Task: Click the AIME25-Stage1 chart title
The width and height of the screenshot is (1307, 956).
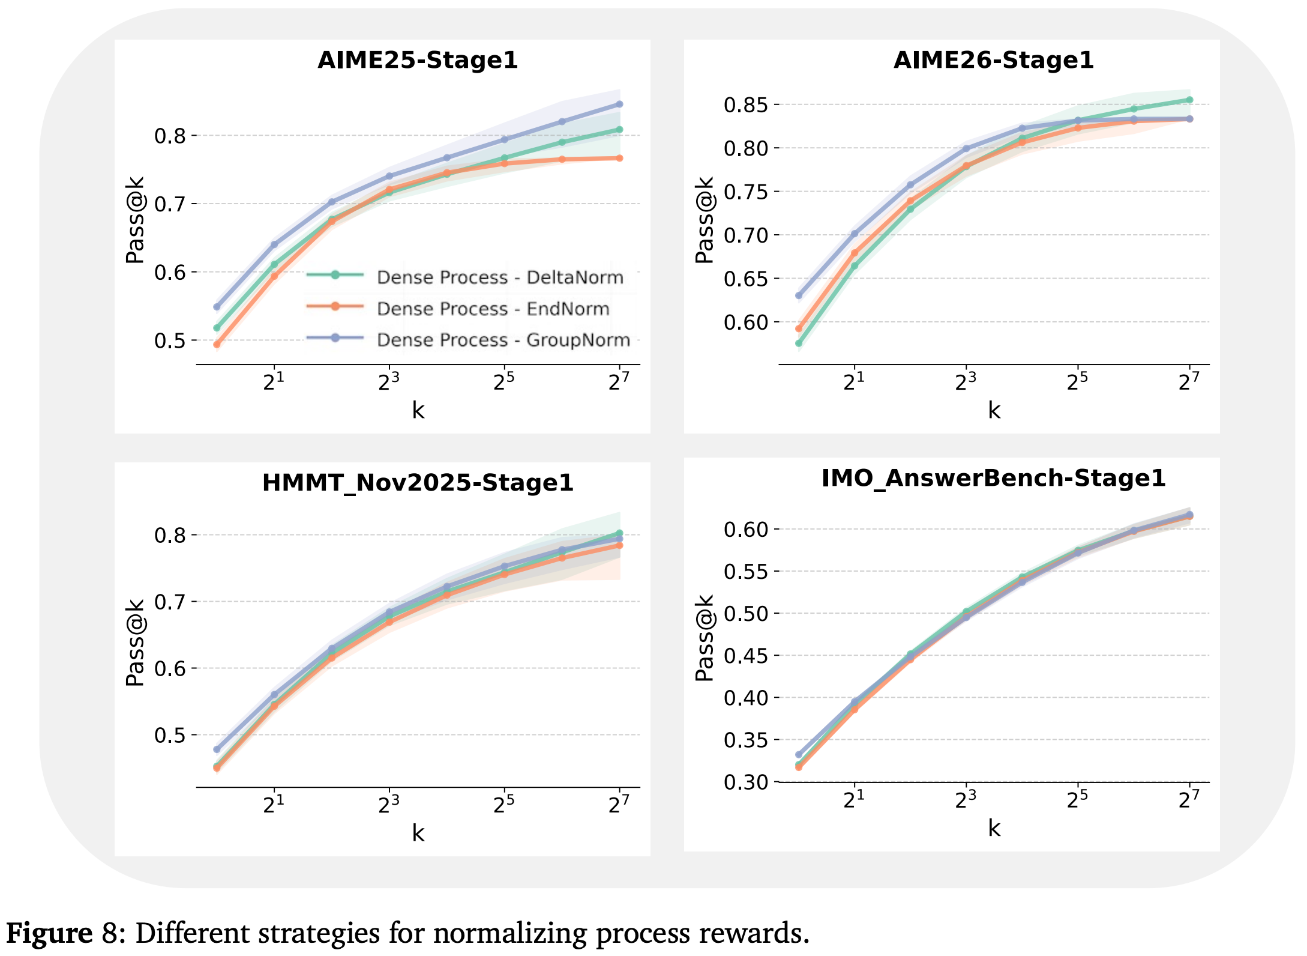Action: (x=418, y=60)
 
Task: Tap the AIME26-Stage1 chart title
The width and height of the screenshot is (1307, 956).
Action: (x=994, y=60)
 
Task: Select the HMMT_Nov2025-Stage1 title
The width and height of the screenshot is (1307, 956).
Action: (x=418, y=483)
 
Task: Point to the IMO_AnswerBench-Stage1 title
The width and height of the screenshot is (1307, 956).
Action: (x=994, y=478)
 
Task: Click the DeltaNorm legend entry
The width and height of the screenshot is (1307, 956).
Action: (x=465, y=277)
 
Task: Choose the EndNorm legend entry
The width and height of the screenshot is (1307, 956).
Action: (x=458, y=308)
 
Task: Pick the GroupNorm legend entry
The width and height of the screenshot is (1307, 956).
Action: (x=468, y=339)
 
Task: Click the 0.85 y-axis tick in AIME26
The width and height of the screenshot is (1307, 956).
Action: (x=746, y=105)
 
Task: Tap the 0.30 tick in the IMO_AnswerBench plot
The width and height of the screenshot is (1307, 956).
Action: (x=746, y=782)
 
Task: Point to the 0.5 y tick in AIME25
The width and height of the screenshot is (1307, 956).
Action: (x=170, y=340)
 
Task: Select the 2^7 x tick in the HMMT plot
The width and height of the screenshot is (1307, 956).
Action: (x=619, y=803)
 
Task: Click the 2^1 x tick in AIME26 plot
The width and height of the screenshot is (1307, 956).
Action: (x=854, y=380)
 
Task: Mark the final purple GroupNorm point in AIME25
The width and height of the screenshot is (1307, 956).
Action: (x=620, y=104)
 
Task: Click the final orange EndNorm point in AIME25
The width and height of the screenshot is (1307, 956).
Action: (x=620, y=159)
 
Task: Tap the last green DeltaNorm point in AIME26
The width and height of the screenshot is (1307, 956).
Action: (x=1190, y=100)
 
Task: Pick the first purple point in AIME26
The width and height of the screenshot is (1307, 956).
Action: (x=799, y=295)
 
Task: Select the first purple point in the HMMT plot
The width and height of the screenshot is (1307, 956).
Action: (x=217, y=749)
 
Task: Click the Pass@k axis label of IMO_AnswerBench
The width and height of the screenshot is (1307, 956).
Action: (x=705, y=638)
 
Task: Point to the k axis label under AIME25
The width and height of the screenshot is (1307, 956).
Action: (x=418, y=410)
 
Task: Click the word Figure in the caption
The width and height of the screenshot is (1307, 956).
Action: (x=49, y=933)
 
